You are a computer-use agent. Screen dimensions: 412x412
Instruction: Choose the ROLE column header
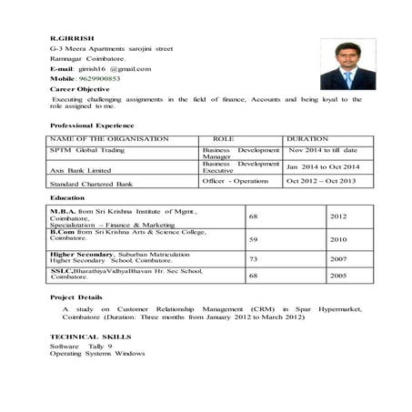click(223, 139)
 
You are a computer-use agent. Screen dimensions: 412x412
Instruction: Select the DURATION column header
click(307, 139)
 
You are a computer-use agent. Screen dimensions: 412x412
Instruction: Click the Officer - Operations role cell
click(236, 181)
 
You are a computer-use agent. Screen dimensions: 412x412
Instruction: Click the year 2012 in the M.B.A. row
click(337, 217)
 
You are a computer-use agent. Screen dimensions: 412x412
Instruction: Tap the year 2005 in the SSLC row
click(337, 276)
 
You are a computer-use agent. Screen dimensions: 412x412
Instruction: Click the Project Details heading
click(75, 297)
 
